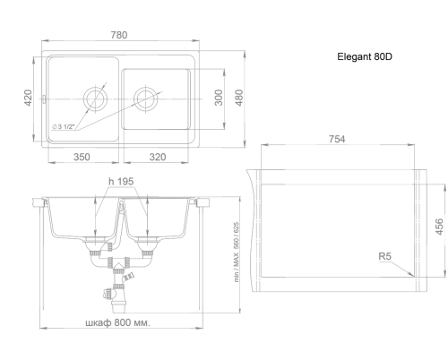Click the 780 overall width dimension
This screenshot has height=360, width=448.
[x=119, y=35]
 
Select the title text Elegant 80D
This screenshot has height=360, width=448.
[x=365, y=56]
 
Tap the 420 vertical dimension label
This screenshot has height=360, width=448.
[x=28, y=98]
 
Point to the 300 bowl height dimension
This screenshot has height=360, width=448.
[x=219, y=98]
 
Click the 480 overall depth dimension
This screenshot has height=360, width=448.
[x=239, y=98]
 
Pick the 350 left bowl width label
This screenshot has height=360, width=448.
[x=82, y=157]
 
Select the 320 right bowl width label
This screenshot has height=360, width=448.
[x=158, y=157]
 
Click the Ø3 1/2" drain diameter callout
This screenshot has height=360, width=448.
[x=63, y=127]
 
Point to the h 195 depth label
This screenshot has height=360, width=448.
[x=121, y=181]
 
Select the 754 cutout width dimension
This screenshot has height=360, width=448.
[x=337, y=139]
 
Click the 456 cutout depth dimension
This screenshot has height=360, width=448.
[x=439, y=227]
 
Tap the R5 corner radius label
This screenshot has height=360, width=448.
[x=384, y=256]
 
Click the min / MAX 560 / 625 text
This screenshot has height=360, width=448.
[x=237, y=252]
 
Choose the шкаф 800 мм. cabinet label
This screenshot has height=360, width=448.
[x=118, y=322]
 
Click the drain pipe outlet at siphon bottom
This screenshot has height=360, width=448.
[x=119, y=306]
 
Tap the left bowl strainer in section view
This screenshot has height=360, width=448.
[x=95, y=240]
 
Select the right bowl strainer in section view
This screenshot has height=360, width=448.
[x=147, y=240]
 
